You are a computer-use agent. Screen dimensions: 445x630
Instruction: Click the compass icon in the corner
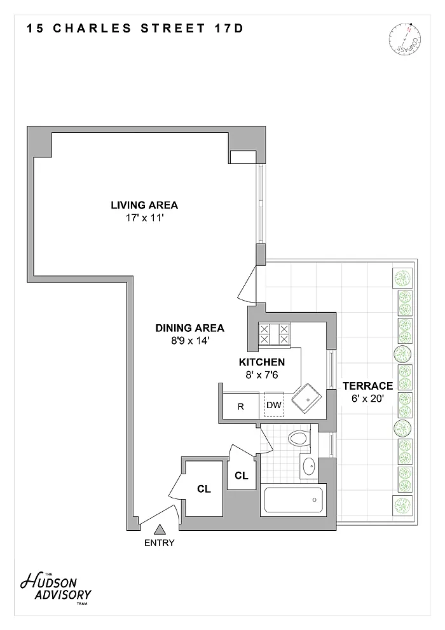[405, 40]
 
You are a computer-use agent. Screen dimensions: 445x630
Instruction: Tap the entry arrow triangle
[160, 529]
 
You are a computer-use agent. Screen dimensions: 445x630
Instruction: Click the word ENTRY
[160, 543]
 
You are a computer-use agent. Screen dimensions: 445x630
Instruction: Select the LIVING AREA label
[144, 205]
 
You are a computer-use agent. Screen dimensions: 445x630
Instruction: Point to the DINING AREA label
[189, 328]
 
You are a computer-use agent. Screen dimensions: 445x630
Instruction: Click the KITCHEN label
[262, 362]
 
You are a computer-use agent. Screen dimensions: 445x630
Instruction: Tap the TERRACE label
[367, 386]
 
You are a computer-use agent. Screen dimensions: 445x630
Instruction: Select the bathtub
[293, 500]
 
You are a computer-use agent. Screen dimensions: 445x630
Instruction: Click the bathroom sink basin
[309, 466]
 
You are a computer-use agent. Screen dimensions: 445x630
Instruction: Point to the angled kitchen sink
[306, 399]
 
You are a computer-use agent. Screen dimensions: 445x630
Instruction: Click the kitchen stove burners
[274, 334]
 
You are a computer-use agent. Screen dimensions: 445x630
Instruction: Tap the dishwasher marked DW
[274, 405]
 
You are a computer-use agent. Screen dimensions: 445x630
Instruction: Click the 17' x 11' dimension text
[144, 219]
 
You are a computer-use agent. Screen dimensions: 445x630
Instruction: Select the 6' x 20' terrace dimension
[367, 399]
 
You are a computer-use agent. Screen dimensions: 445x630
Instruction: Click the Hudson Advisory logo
[56, 589]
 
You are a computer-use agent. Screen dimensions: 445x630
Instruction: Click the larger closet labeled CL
[203, 489]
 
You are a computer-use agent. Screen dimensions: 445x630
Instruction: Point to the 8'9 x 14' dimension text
[190, 341]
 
